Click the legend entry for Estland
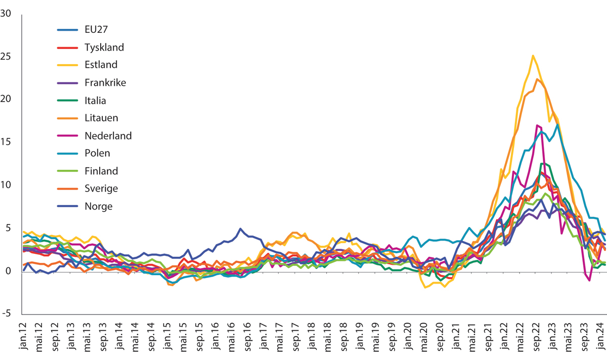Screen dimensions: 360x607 click(101, 65)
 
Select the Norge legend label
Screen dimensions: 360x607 click(99, 206)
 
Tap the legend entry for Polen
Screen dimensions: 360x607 click(97, 153)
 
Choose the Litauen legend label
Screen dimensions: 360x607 click(101, 118)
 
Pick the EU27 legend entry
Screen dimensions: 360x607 click(96, 29)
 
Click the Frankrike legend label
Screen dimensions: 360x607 click(105, 82)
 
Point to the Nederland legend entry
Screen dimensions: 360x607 click(108, 136)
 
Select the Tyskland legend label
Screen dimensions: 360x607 click(104, 47)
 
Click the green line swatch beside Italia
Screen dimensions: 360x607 click(67, 100)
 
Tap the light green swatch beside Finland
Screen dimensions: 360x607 click(67, 171)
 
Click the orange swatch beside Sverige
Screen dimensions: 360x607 click(67, 189)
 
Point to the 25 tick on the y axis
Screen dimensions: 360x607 click(7, 56)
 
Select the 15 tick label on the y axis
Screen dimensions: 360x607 click(7, 142)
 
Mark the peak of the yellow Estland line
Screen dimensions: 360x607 click(533, 56)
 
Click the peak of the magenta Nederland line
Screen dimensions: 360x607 click(536, 125)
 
